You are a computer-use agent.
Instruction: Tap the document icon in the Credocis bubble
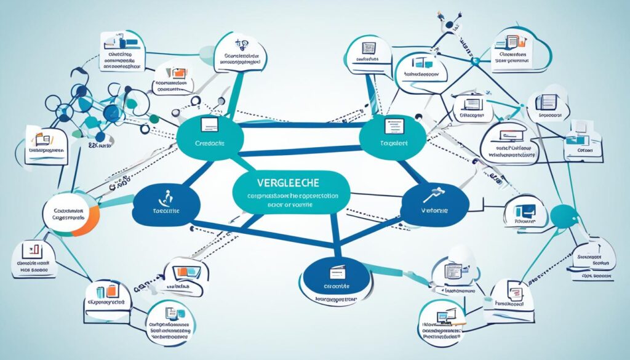(x=209, y=126)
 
